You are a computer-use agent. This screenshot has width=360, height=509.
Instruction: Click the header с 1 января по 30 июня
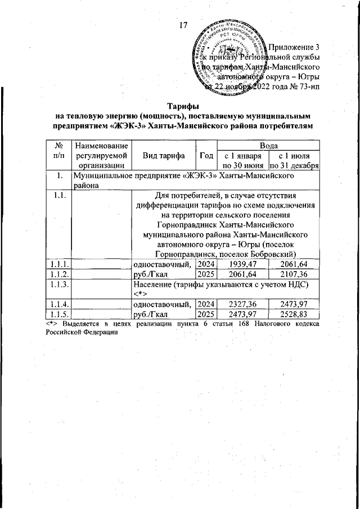[x=243, y=161]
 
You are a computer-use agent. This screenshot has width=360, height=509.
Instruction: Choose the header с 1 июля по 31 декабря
[x=294, y=161]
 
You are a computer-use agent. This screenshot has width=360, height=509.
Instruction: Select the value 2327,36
[x=243, y=304]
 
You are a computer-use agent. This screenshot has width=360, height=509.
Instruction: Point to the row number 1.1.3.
[x=58, y=283]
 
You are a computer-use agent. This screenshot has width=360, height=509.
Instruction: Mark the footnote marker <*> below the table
[x=53, y=325]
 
